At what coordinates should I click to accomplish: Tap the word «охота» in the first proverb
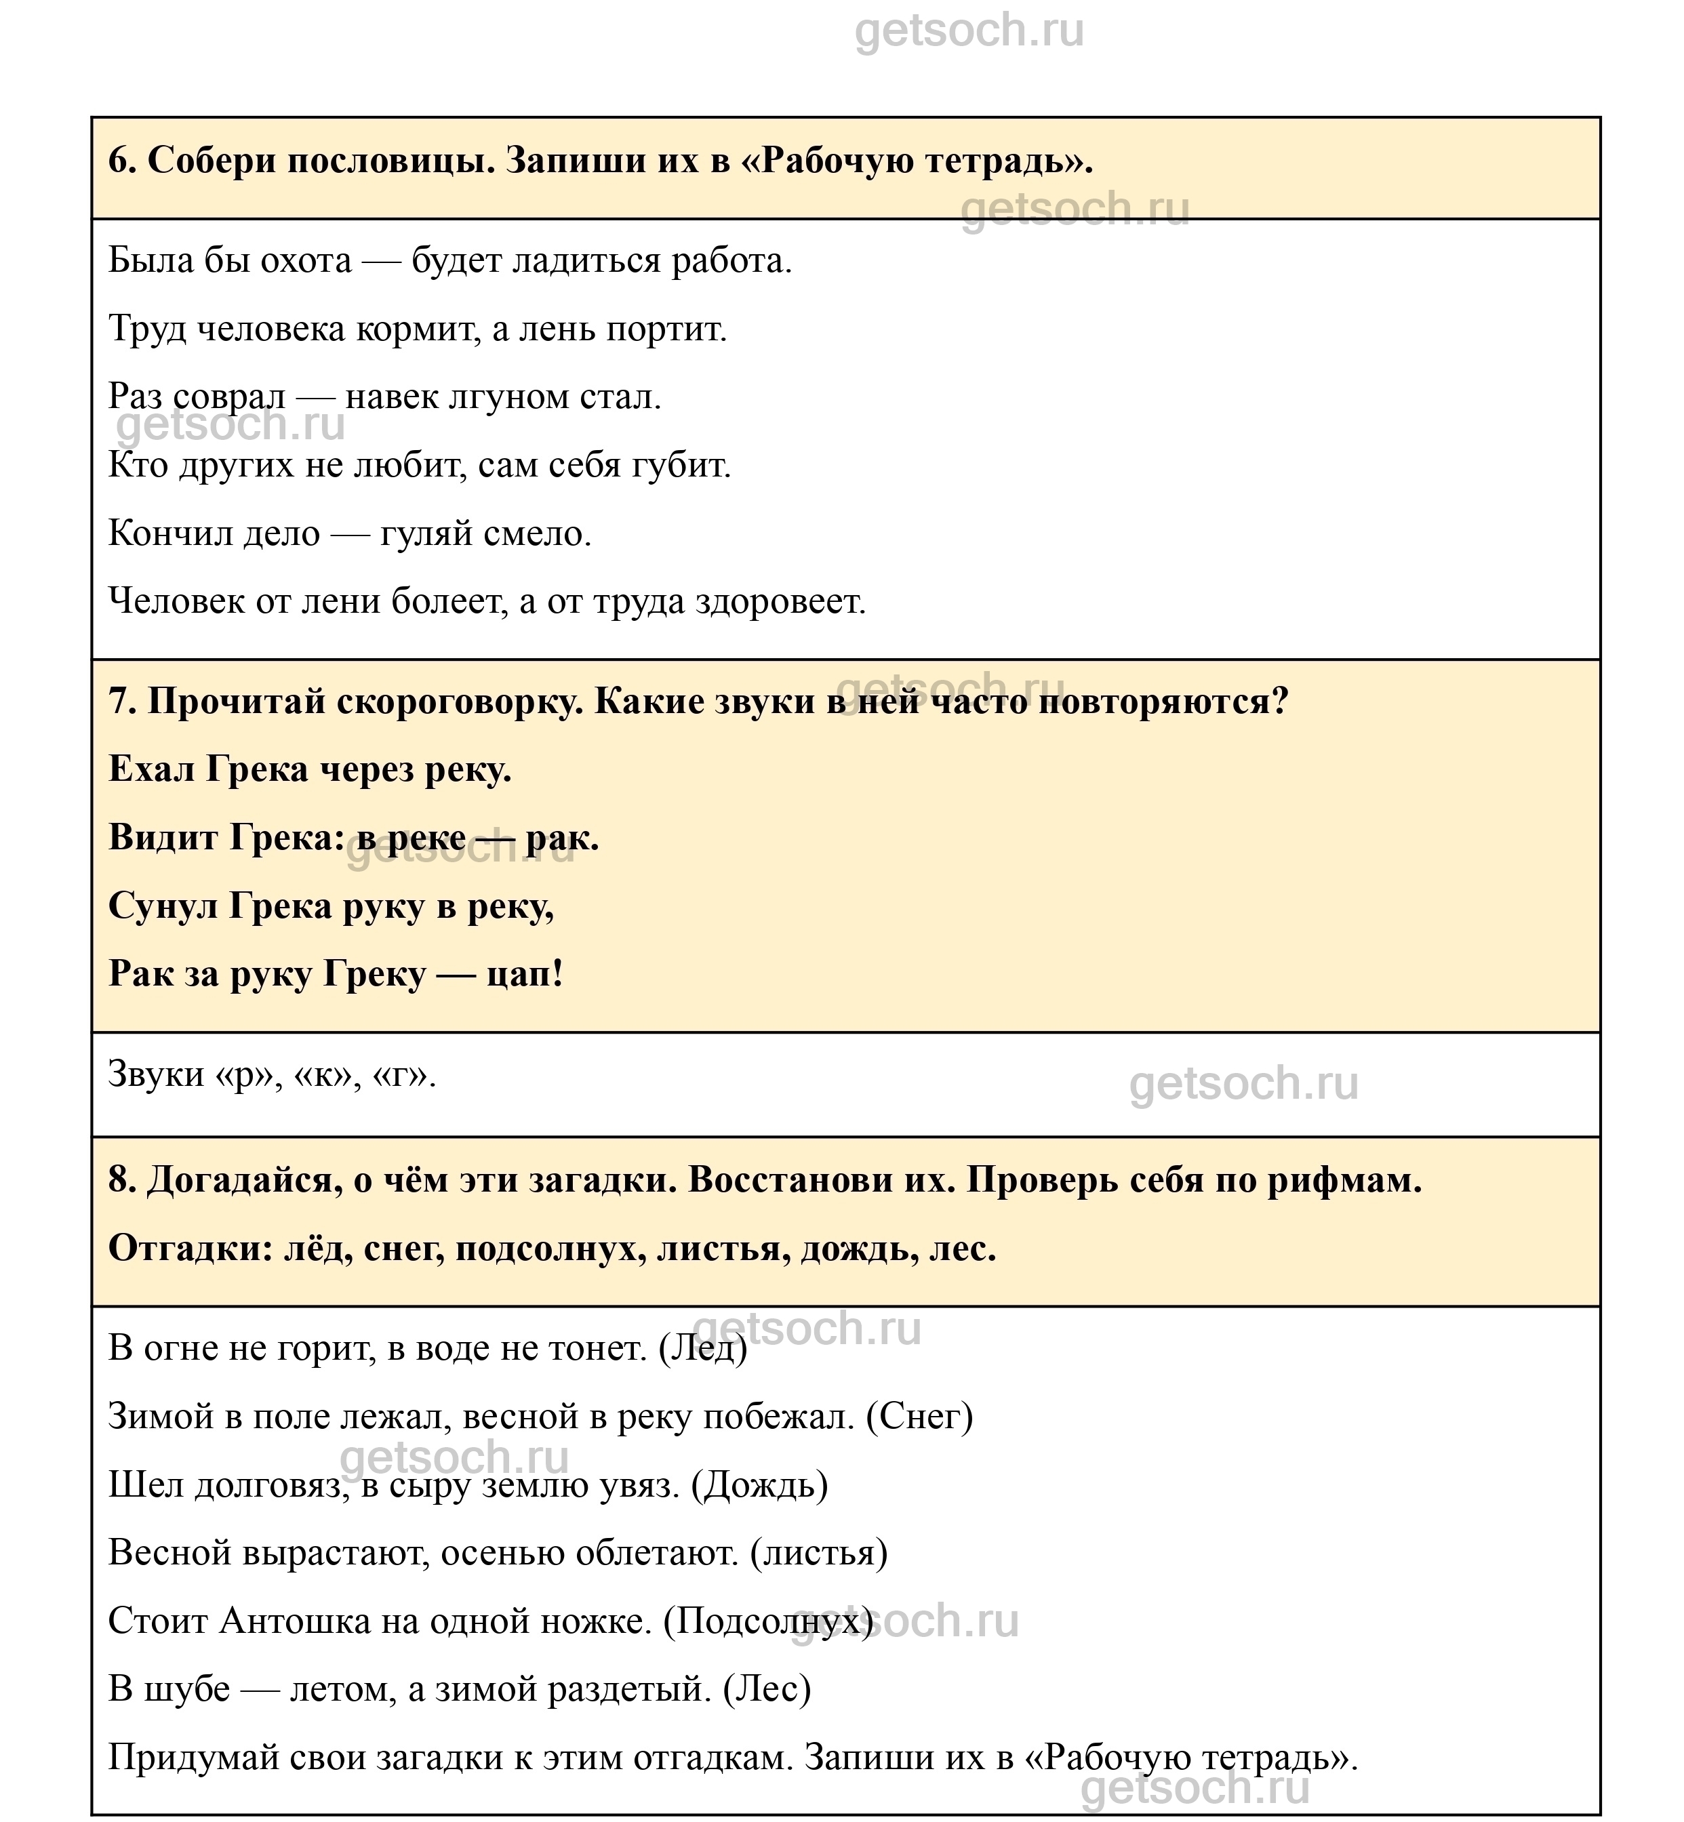[x=305, y=262]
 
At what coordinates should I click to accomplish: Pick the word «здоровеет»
[x=780, y=602]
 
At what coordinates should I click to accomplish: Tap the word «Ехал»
[x=151, y=770]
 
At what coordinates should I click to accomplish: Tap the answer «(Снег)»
[x=919, y=1417]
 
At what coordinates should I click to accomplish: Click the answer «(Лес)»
[x=766, y=1690]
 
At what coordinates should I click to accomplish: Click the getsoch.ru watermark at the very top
[x=969, y=32]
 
